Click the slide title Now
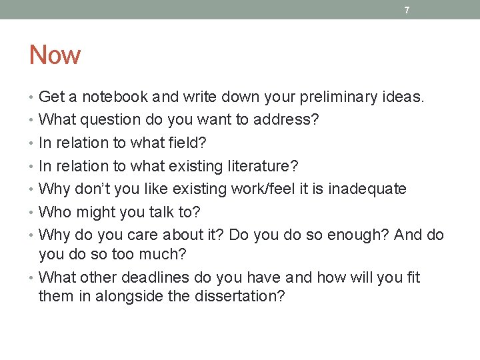tap(55, 55)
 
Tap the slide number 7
tap(407, 10)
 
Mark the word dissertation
tap(239, 296)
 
